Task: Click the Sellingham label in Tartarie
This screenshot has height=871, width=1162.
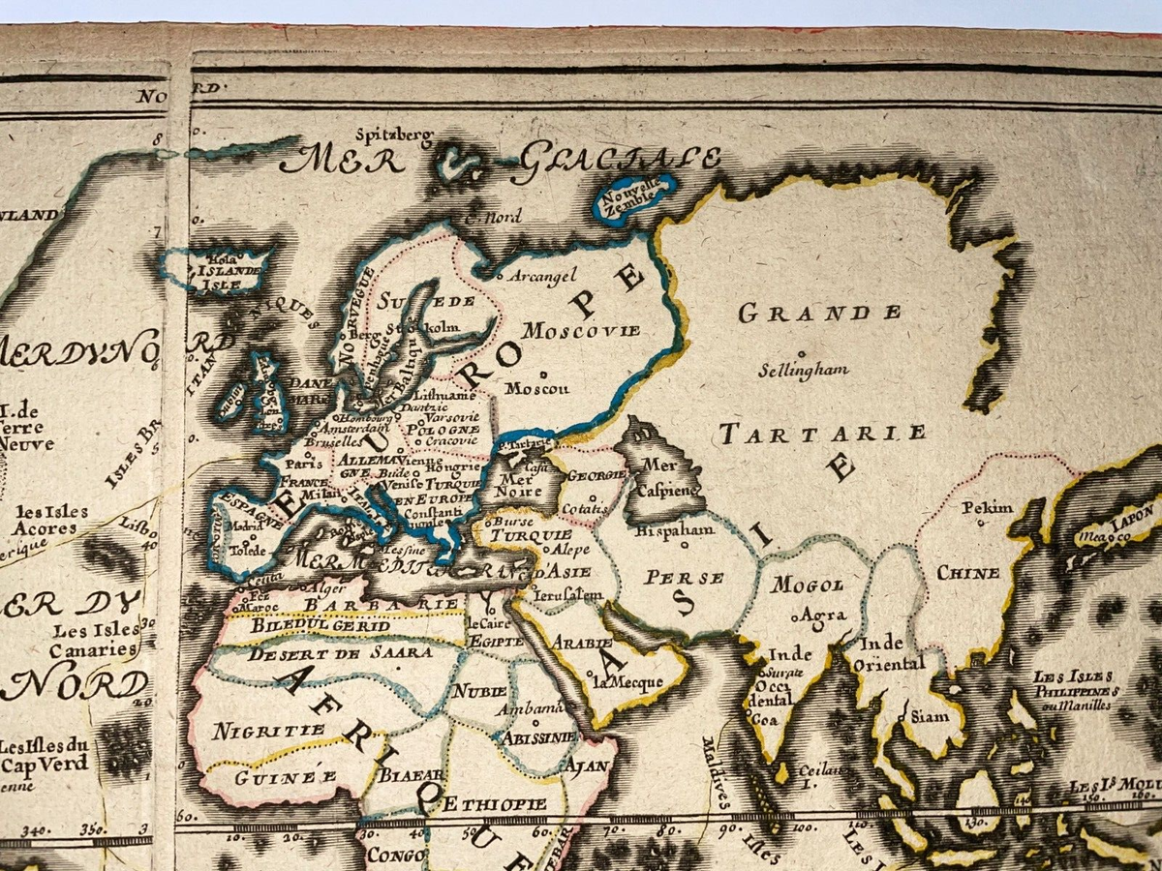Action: click(x=804, y=369)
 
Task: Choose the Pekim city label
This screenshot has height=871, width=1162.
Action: click(x=987, y=507)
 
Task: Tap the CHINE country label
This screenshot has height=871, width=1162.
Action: click(x=968, y=573)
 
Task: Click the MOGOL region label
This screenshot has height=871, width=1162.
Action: click(x=809, y=584)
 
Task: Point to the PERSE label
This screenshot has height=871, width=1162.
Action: click(x=686, y=578)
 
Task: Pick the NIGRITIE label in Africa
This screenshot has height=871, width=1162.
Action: click(x=255, y=731)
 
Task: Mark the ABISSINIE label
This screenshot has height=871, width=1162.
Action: click(x=539, y=736)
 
